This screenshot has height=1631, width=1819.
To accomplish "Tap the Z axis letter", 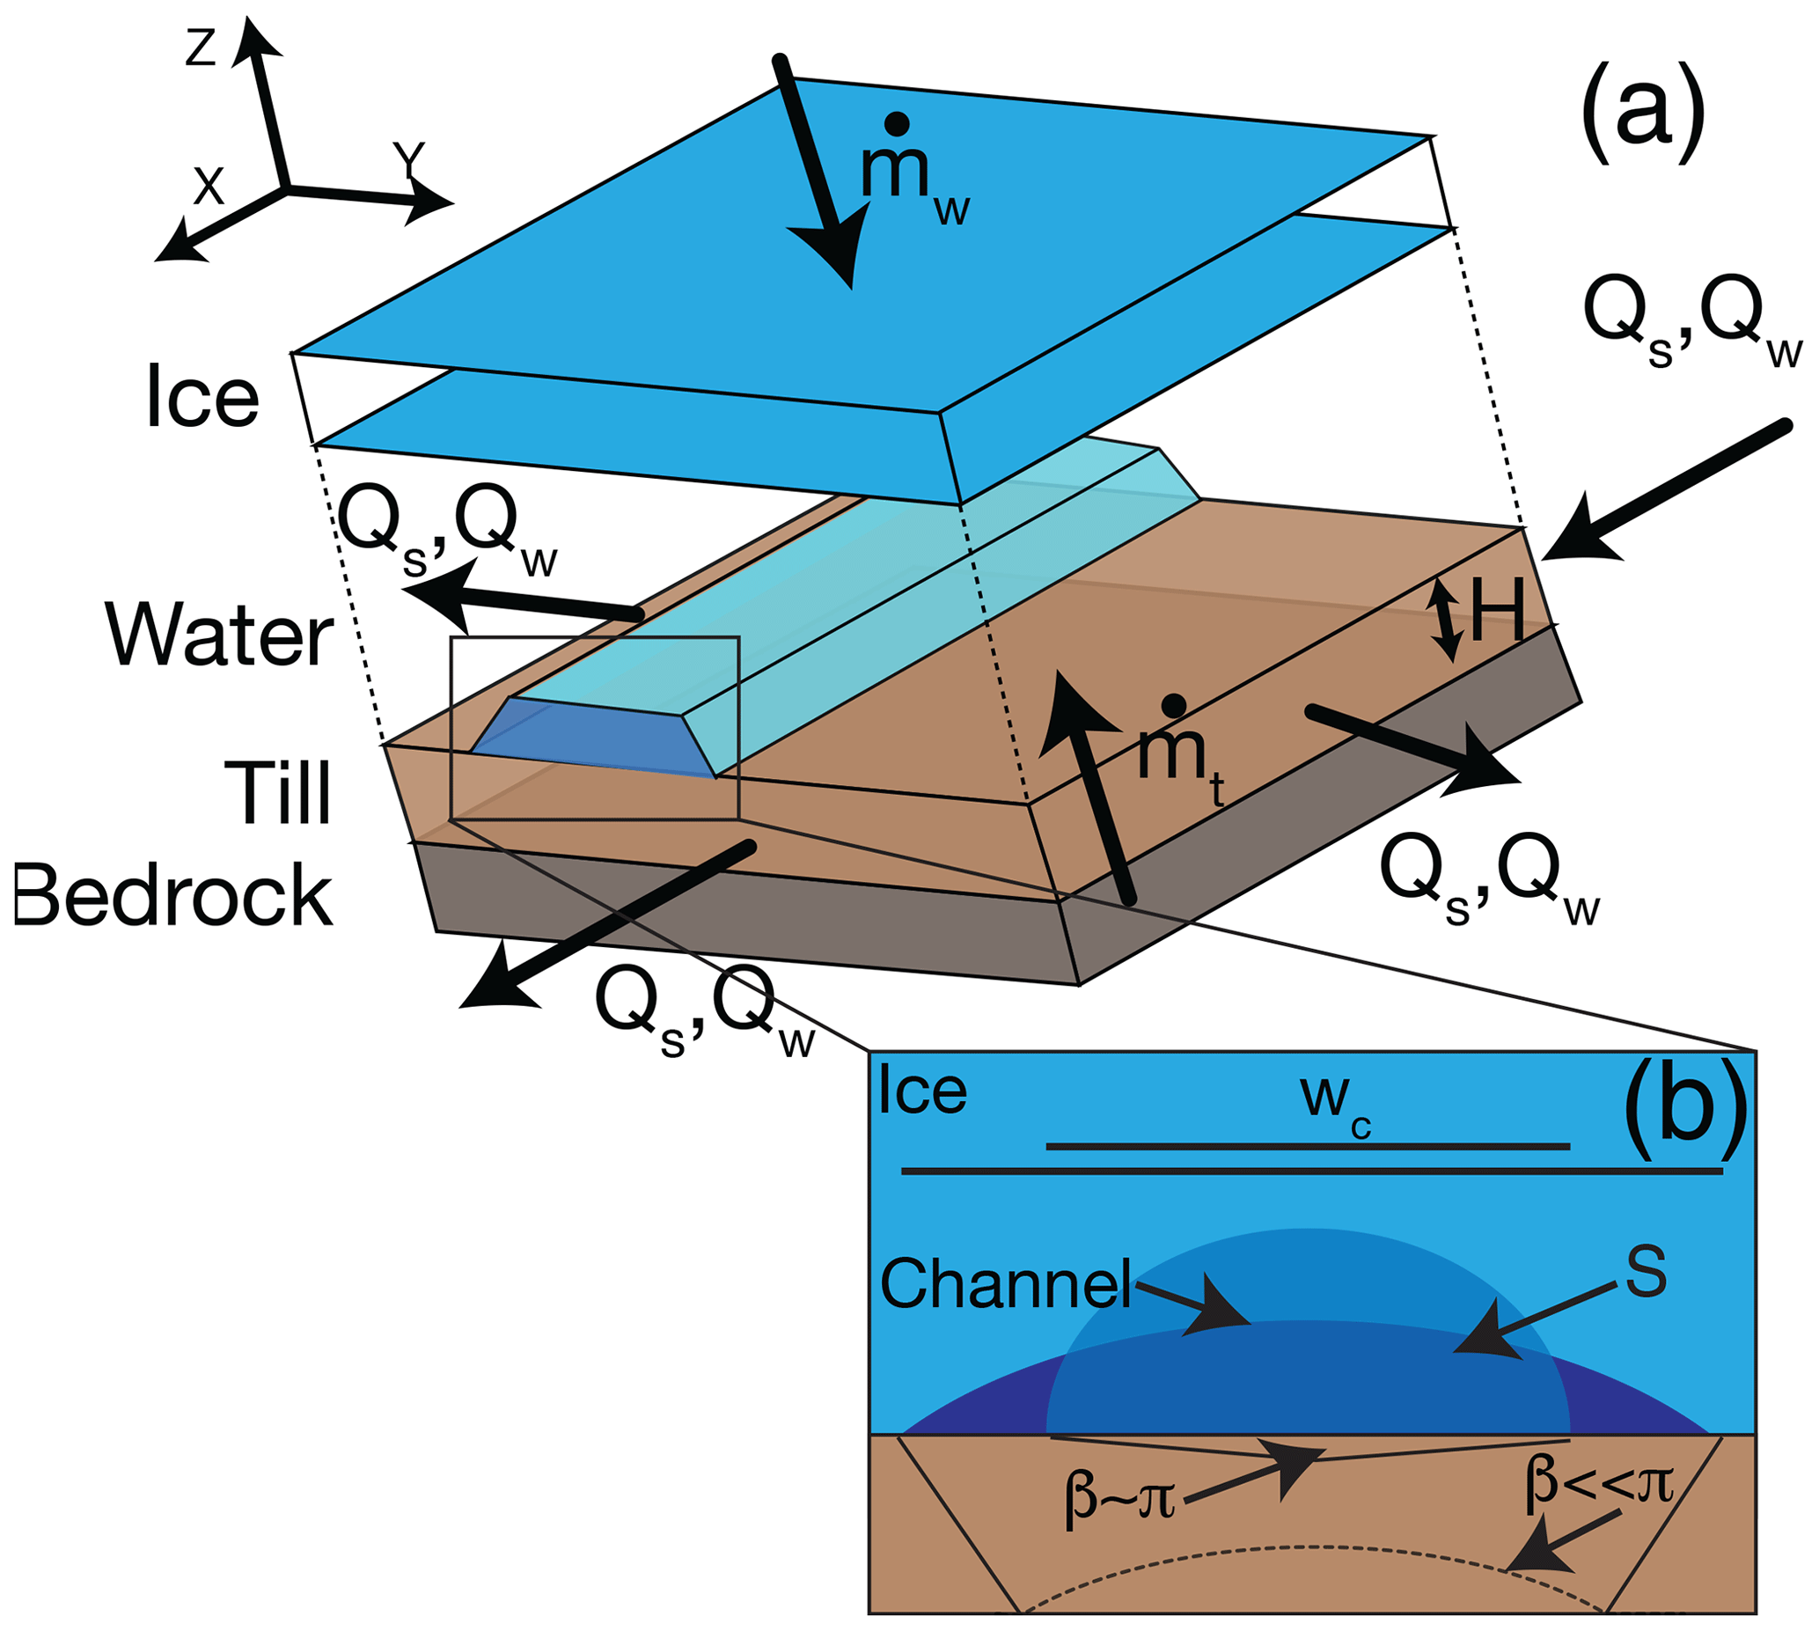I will pos(201,48).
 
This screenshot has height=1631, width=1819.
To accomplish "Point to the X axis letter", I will pos(209,187).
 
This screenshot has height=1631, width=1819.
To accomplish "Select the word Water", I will pos(220,636).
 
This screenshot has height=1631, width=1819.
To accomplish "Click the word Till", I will pos(278,792).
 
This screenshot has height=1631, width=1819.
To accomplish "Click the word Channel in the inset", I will pos(1005,1283).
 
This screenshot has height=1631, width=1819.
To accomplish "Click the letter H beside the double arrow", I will pos(1497,609).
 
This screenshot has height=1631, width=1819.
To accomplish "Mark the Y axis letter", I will pos(409,161).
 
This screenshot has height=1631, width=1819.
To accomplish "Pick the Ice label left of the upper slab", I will pos(202,397).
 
